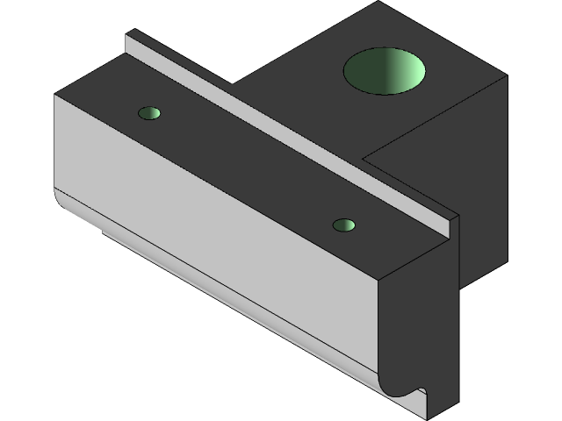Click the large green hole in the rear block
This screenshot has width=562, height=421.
click(x=384, y=71)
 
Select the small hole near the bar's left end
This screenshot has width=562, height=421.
click(x=150, y=113)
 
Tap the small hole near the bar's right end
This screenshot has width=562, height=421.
click(x=344, y=225)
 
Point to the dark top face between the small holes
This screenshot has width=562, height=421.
click(x=246, y=167)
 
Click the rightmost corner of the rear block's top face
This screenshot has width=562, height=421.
click(x=507, y=76)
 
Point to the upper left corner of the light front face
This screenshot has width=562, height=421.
click(x=55, y=95)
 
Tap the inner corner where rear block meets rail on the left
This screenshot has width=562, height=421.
click(x=234, y=84)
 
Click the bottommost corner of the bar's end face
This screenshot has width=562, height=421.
click(x=428, y=417)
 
